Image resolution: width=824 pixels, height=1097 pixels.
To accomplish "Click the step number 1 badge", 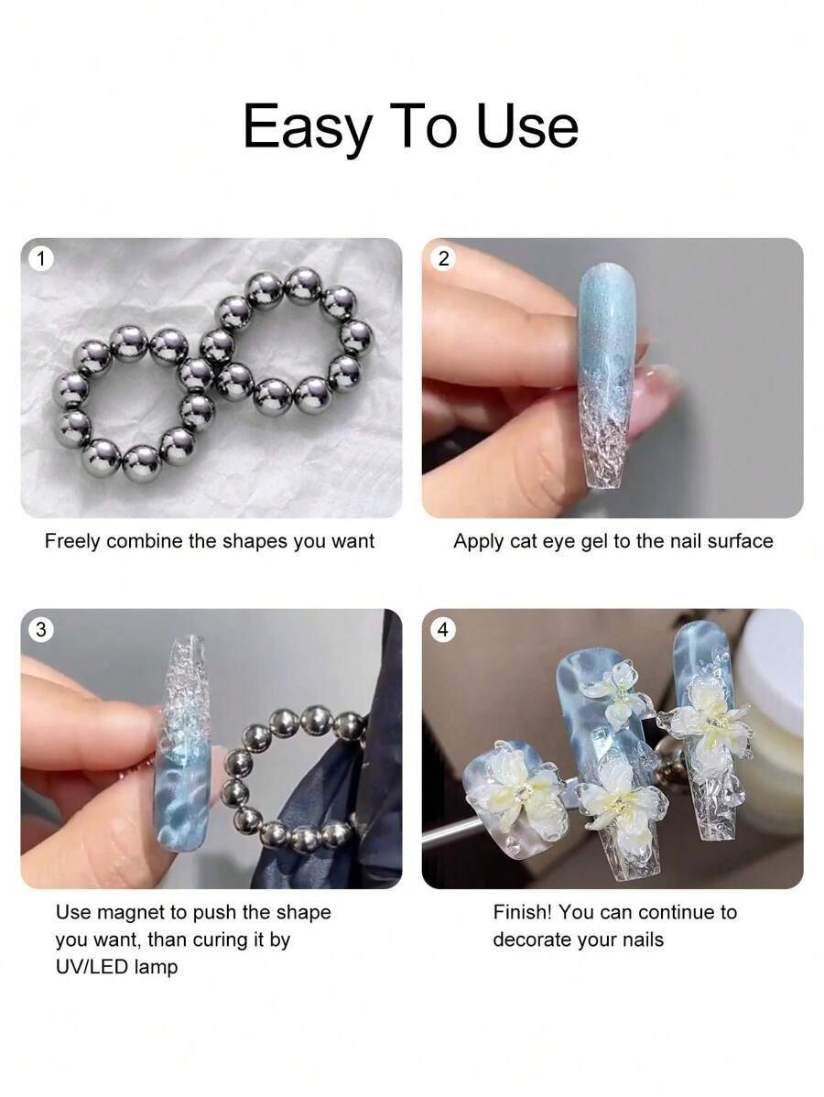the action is coord(40,259).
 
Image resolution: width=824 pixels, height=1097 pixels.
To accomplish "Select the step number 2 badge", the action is coord(443,259).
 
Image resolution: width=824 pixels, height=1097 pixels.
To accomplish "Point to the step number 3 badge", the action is coord(40,630).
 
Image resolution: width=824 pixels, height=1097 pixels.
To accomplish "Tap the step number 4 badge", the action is coord(443,630).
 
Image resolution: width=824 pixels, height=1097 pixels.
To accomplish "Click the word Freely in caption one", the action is coord(72,541).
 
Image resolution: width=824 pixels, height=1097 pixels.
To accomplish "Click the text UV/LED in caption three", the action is coord(91,967).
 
